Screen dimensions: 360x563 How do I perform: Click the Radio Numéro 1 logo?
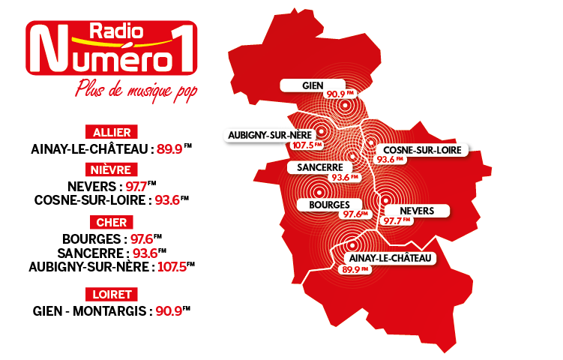tap(111, 48)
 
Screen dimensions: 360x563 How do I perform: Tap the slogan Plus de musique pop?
tap(139, 88)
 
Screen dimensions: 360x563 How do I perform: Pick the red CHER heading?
tap(111, 222)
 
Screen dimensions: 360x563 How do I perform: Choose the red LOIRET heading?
tap(111, 293)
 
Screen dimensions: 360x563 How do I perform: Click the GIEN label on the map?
tap(313, 85)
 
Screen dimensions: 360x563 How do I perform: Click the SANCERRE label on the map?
tap(319, 166)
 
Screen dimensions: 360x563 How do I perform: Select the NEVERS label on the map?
tap(418, 211)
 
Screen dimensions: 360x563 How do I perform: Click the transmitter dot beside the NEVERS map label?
tap(385, 200)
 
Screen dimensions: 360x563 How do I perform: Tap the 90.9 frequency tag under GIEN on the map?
tap(337, 94)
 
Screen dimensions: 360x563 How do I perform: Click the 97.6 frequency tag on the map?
tap(354, 214)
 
